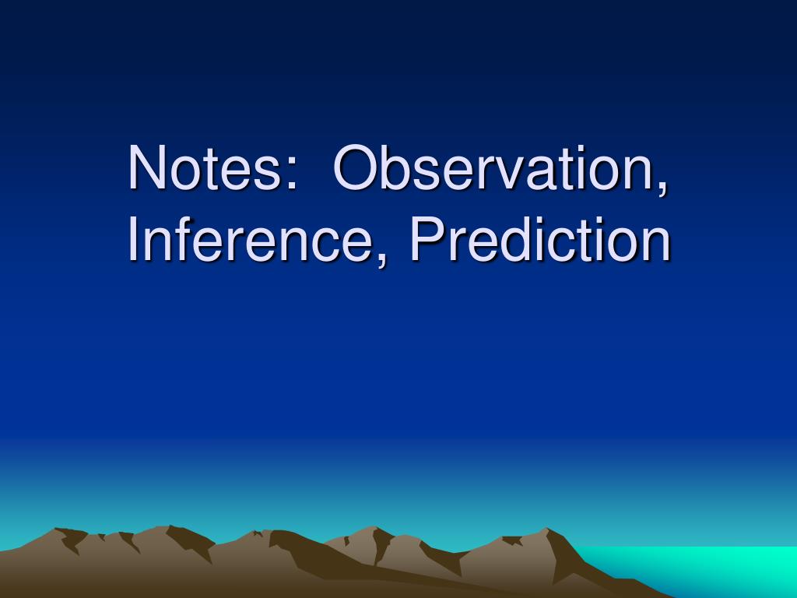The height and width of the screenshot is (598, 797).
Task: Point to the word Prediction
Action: [540, 241]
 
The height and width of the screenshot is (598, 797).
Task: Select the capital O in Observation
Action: [356, 167]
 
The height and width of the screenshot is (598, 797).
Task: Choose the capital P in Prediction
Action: [426, 241]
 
